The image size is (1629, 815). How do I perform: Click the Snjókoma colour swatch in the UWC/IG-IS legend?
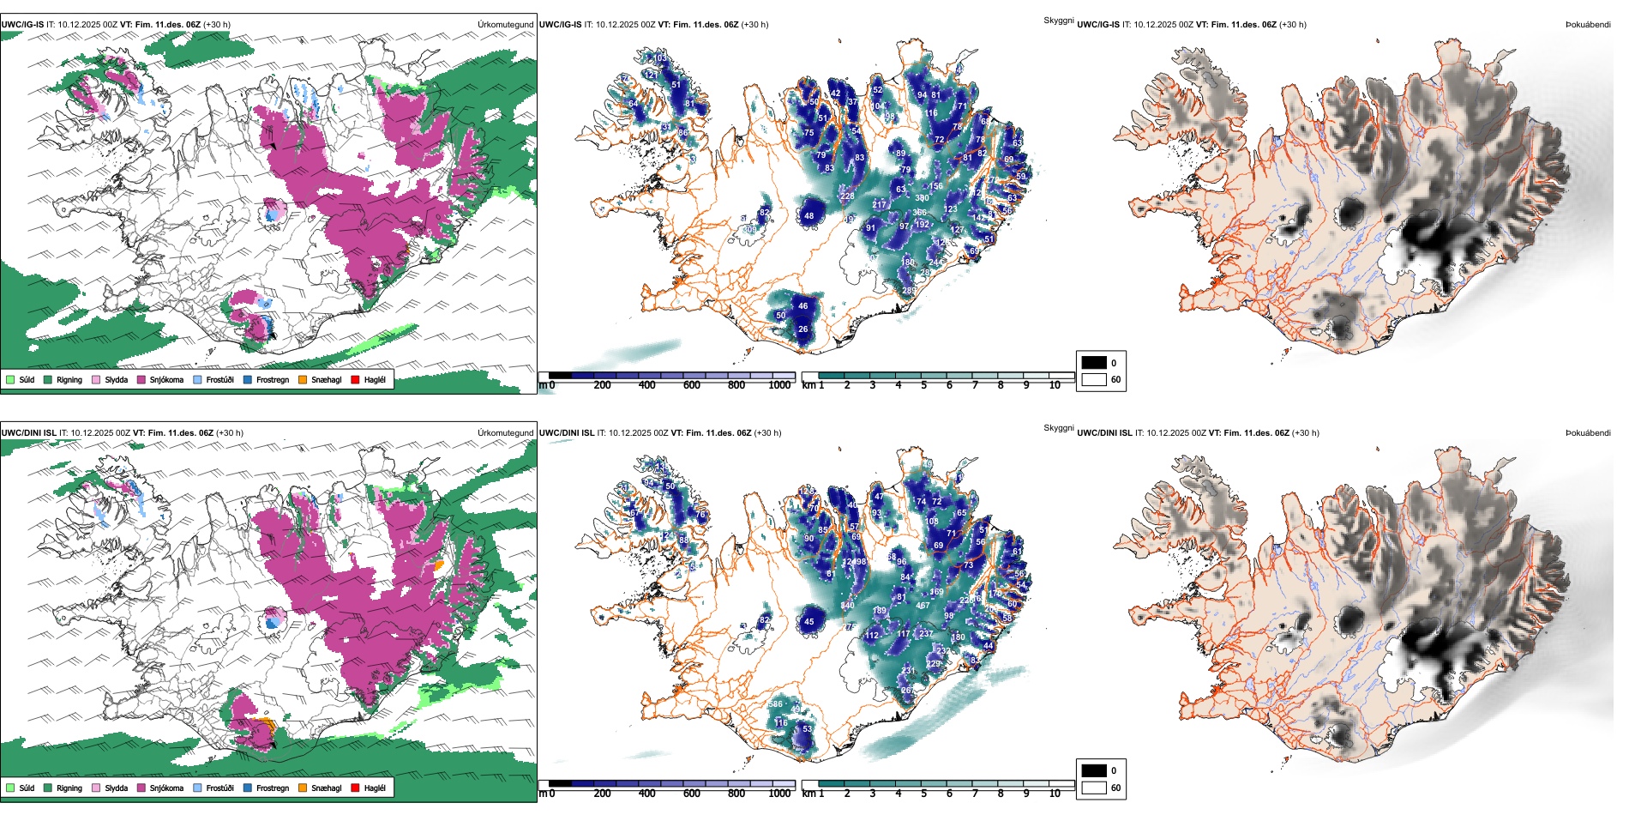pos(141,379)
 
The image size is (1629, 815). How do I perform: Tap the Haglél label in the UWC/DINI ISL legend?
pos(375,788)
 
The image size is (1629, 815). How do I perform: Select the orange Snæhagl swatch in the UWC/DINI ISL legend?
pos(303,788)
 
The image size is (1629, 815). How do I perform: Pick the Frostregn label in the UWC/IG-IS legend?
pos(273,379)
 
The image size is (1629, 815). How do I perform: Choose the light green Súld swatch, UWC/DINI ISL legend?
pos(10,788)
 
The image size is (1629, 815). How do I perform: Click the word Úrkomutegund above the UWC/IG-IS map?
pos(505,24)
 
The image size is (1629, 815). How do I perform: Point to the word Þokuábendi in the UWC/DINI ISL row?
pos(1588,432)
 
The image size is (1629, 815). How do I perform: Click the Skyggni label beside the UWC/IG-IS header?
pos(1058,20)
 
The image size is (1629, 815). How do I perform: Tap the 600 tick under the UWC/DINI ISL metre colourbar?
pos(691,794)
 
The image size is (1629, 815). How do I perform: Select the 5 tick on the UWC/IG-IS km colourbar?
pos(923,385)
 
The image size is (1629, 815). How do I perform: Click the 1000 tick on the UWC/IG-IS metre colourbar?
pos(779,385)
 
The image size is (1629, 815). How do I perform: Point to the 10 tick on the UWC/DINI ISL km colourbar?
pos(1055,794)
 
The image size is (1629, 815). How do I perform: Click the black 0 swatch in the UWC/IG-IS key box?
pos(1094,363)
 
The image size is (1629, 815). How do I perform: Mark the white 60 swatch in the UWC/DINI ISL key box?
pos(1094,788)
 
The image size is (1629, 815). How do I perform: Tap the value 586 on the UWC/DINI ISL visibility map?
pos(775,704)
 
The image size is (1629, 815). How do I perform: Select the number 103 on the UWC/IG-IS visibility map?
pos(660,58)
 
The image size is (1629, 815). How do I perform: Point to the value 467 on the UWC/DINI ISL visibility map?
pos(923,606)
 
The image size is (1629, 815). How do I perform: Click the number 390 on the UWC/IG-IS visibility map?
pos(922,198)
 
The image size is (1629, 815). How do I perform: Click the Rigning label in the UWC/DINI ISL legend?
pos(69,788)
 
